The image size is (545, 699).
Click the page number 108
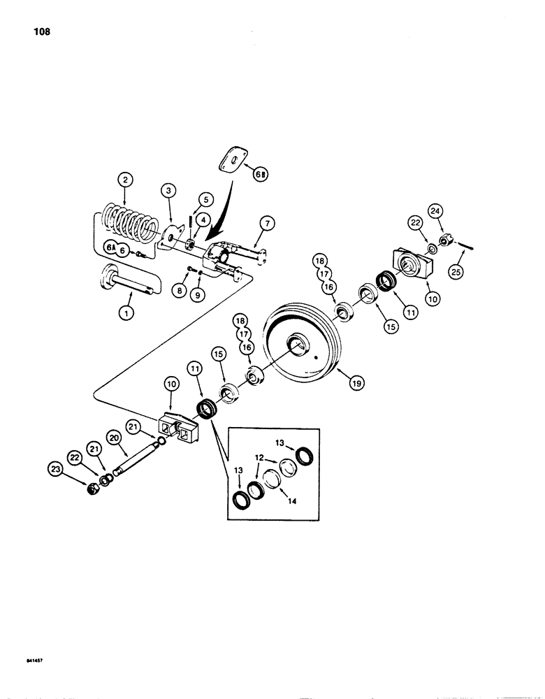coord(40,31)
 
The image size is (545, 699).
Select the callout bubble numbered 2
coord(124,180)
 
